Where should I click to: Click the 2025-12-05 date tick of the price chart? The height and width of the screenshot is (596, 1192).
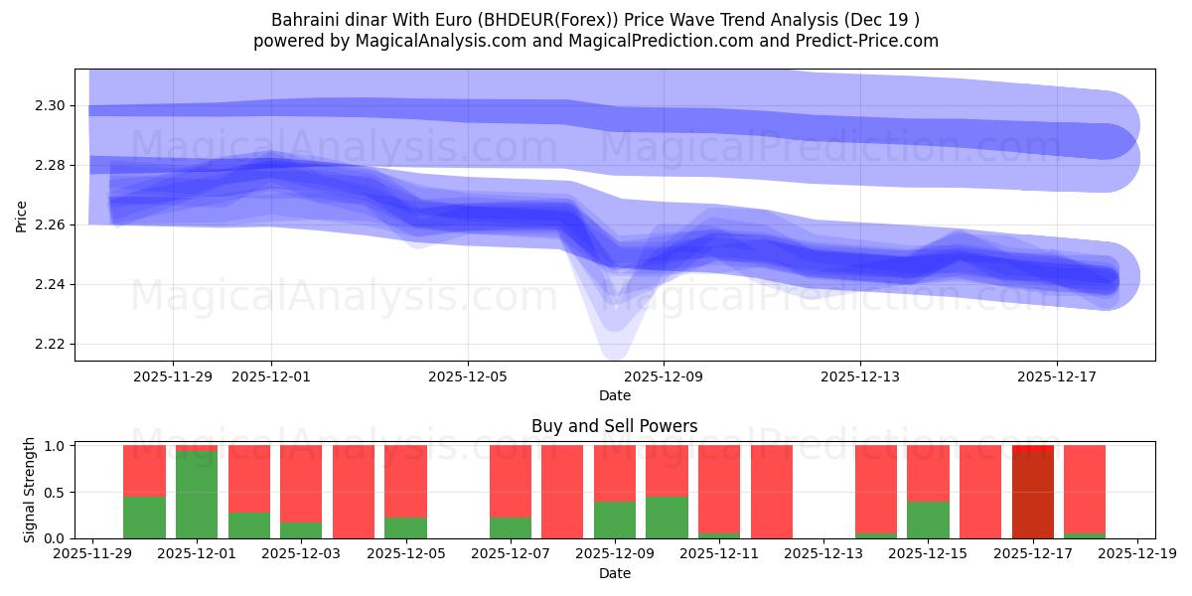(468, 376)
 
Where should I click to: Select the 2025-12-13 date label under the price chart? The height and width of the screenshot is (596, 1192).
(860, 376)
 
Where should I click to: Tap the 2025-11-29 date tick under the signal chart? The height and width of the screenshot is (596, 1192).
(92, 554)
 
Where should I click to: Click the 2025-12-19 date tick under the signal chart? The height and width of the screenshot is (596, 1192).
(1136, 554)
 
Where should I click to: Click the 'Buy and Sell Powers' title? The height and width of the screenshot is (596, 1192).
(614, 426)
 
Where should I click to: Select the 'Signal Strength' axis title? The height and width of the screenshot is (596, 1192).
(30, 489)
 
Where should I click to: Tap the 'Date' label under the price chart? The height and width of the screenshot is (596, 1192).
(614, 395)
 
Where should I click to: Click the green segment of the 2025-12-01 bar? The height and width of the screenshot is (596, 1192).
(197, 495)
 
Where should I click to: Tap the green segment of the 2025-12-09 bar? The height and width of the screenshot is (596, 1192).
(615, 520)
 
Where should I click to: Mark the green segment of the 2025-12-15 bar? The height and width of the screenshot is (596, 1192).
(928, 520)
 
